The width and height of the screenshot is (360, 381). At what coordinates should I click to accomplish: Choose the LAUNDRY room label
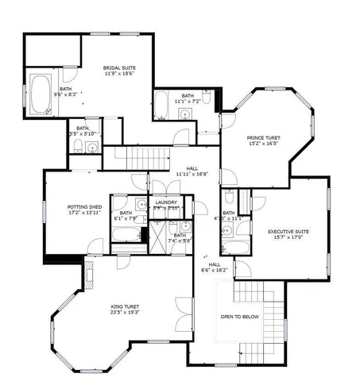165,202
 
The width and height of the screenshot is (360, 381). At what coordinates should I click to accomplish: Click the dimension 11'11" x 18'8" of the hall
192,174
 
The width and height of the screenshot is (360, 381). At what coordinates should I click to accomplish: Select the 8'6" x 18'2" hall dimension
214,270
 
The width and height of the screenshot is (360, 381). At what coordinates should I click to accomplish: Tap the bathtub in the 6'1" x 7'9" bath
126,235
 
